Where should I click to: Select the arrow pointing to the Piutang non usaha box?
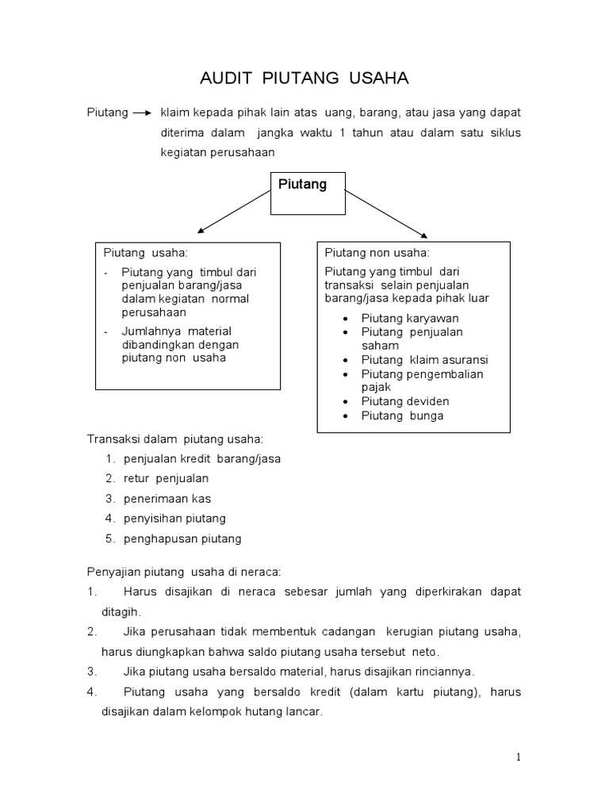pyautogui.click(x=385, y=213)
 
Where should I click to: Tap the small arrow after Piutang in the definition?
pyautogui.click(x=143, y=113)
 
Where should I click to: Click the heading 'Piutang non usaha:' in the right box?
pyautogui.click(x=377, y=253)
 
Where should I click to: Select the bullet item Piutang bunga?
pyautogui.click(x=402, y=416)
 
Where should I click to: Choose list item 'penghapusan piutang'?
pyautogui.click(x=182, y=539)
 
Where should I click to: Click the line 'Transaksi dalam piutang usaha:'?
pyautogui.click(x=174, y=439)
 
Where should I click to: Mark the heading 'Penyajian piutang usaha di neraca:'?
pyautogui.click(x=183, y=572)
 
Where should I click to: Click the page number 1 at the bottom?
pyautogui.click(x=519, y=757)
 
